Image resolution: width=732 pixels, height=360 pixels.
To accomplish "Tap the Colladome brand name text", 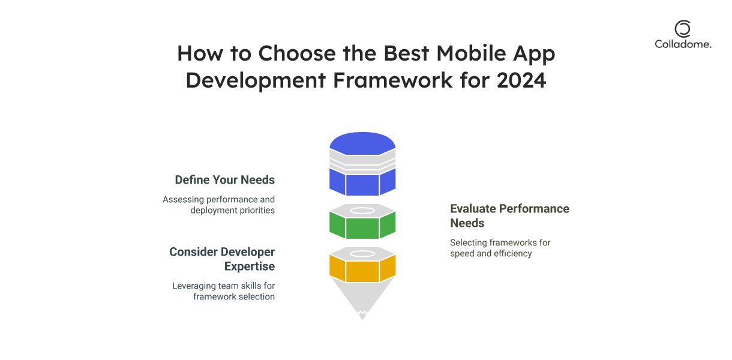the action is click(683, 44).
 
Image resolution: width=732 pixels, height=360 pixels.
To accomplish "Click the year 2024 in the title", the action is click(521, 80).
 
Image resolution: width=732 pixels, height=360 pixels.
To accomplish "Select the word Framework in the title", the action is click(393, 80).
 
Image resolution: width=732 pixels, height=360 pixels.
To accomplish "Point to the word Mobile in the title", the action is click(471, 53).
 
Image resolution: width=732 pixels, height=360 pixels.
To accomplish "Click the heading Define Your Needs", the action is click(225, 179).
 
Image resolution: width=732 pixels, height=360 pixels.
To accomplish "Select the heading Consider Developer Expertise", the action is click(222, 259).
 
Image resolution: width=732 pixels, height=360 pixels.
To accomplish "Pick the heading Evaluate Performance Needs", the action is click(509, 215).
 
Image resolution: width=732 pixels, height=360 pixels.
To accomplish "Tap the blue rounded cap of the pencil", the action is click(362, 143).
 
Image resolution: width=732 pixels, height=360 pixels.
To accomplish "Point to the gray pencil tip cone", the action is click(362, 296).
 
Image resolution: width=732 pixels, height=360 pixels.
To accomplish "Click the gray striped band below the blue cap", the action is click(362, 163).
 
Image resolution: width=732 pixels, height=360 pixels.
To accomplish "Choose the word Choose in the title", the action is click(297, 53).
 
